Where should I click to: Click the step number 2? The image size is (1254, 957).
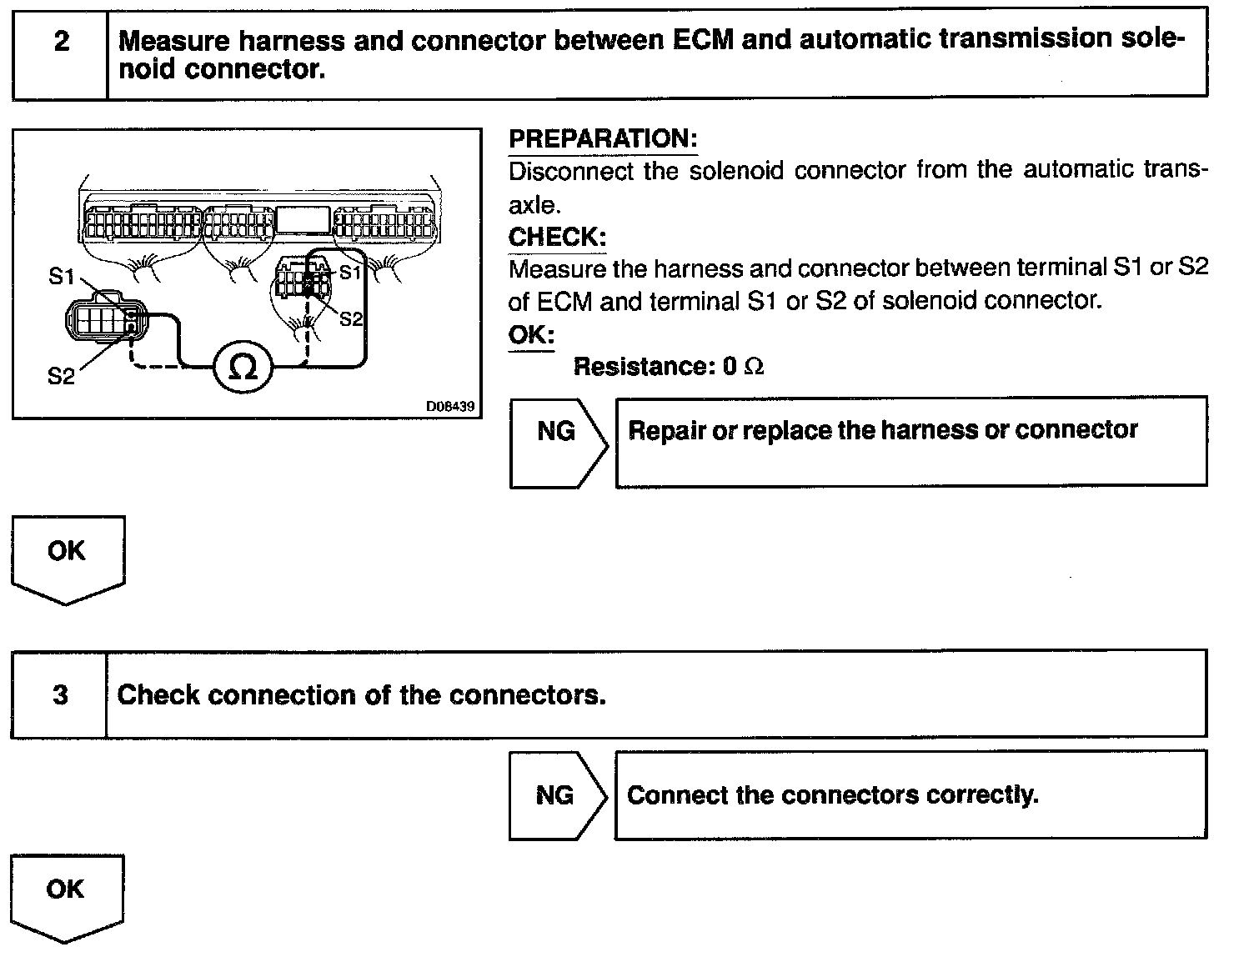[62, 41]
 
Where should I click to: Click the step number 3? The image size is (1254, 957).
[61, 695]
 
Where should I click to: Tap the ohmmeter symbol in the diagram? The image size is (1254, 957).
[243, 367]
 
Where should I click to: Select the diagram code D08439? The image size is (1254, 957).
[450, 406]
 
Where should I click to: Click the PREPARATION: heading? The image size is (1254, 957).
[603, 138]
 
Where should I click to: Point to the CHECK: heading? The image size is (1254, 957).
[557, 237]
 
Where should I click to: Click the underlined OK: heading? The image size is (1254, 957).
[531, 334]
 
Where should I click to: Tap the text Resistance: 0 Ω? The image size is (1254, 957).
[669, 367]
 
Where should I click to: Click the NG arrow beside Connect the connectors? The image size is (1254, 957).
[558, 795]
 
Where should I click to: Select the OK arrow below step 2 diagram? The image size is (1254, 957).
[68, 560]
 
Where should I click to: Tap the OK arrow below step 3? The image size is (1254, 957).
[67, 898]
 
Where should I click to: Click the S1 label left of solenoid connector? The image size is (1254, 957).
[61, 277]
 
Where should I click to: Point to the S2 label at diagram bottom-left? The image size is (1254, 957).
[61, 376]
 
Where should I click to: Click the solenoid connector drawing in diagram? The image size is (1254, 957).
[106, 318]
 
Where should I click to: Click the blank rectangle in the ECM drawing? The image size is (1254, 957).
[303, 220]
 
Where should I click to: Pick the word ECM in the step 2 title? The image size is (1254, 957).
[703, 40]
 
